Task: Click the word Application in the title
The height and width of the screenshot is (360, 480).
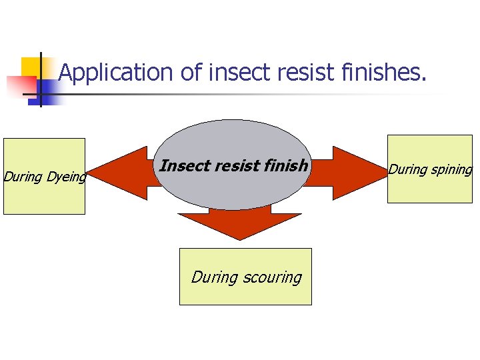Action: point(117,73)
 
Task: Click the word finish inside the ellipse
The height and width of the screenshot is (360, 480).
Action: point(285,165)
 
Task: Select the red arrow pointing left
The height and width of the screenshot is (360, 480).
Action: point(120,173)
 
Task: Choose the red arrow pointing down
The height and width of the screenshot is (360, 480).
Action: point(240,223)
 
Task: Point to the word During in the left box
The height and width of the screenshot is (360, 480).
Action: point(23,177)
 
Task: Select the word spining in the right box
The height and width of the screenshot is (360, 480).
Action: point(451,169)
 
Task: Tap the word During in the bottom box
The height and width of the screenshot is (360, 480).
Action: point(214,277)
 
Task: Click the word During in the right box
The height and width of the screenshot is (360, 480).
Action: point(408,169)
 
